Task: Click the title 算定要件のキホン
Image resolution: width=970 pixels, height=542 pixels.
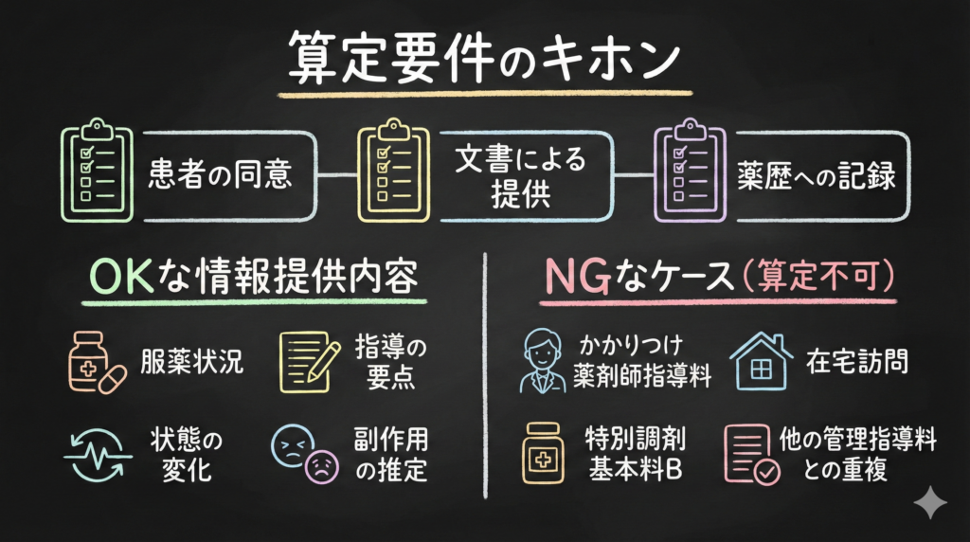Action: pyautogui.click(x=483, y=60)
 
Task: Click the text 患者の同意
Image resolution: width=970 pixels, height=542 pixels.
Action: pyautogui.click(x=219, y=174)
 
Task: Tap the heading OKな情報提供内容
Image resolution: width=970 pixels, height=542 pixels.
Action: pyautogui.click(x=253, y=277)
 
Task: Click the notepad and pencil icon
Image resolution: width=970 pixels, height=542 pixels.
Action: pyautogui.click(x=309, y=362)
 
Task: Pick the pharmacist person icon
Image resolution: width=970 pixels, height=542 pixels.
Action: pyautogui.click(x=543, y=361)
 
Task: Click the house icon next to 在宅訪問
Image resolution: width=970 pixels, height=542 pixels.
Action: pyautogui.click(x=759, y=361)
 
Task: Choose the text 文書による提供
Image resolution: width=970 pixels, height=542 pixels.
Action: pyautogui.click(x=519, y=174)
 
